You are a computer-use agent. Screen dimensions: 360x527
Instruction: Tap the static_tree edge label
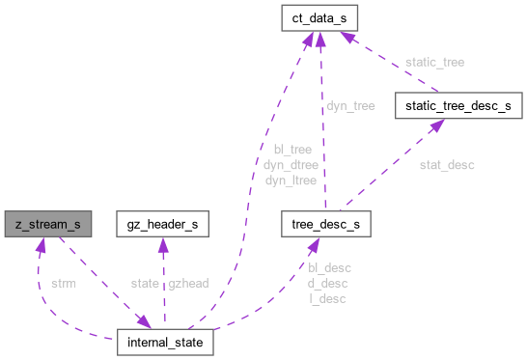coord(433,62)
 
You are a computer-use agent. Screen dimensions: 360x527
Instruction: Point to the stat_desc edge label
coord(446,165)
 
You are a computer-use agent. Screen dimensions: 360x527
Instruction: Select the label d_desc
coord(327,283)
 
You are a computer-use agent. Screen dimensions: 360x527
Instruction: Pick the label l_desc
coord(327,297)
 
